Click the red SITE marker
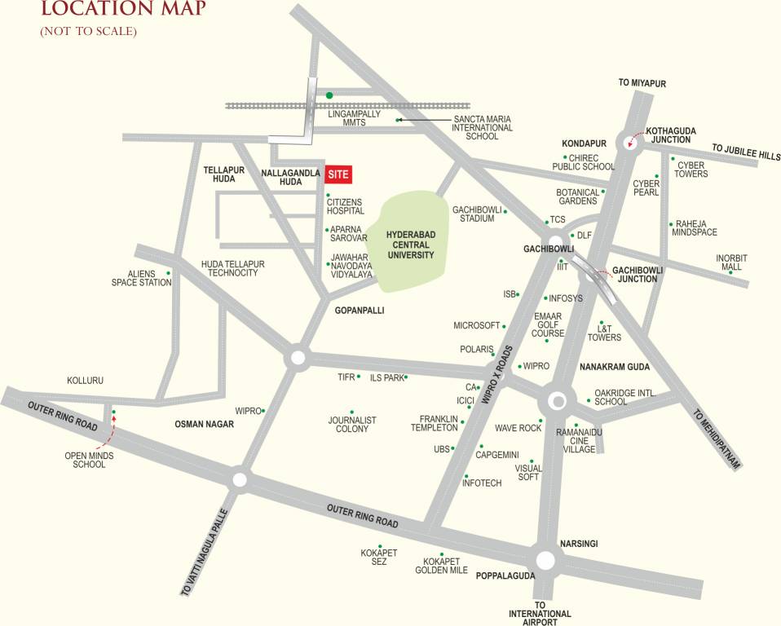click(x=338, y=174)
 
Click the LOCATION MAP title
click(x=123, y=10)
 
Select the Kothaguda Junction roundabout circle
click(x=631, y=143)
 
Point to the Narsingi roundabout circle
click(x=545, y=560)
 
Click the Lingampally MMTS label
click(x=354, y=119)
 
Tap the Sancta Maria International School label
click(x=483, y=128)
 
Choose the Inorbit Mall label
click(x=731, y=262)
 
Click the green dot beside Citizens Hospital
click(x=328, y=196)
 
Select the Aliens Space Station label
click(x=142, y=278)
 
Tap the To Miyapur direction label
click(x=637, y=83)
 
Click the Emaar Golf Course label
click(x=548, y=324)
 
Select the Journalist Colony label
click(x=352, y=424)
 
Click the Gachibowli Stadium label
click(x=477, y=214)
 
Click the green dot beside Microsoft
click(x=503, y=325)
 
